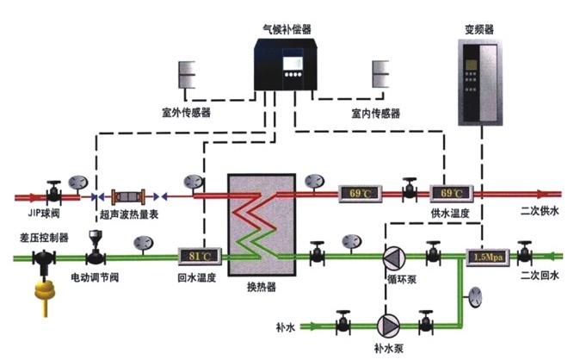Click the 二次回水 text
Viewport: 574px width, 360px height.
pyautogui.click(x=539, y=276)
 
